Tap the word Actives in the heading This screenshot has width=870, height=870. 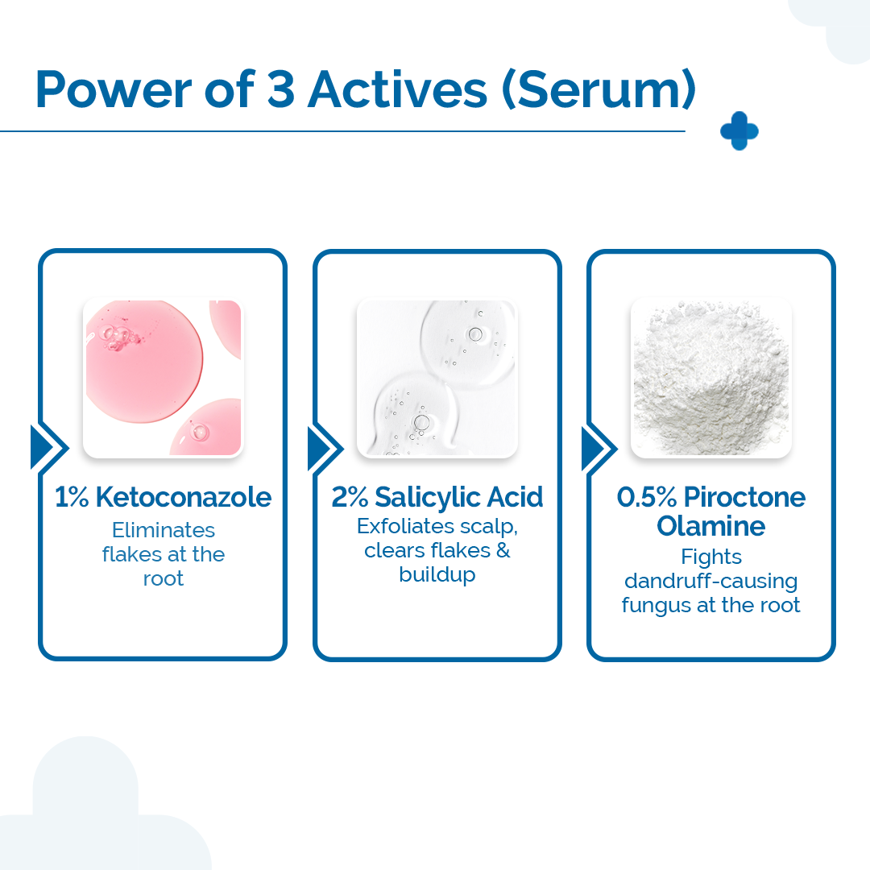397,90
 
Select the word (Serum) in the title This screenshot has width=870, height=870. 598,90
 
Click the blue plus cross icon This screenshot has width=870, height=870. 739,131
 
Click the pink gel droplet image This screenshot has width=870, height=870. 164,378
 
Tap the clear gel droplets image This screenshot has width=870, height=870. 437,378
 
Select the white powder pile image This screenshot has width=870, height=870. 711,378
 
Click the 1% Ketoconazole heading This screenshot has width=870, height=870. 164,497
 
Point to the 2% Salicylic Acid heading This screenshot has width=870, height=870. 437,497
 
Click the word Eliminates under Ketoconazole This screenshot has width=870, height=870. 164,530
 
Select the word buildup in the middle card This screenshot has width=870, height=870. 437,575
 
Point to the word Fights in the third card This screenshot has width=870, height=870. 711,557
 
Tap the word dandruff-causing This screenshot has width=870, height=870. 711,581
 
